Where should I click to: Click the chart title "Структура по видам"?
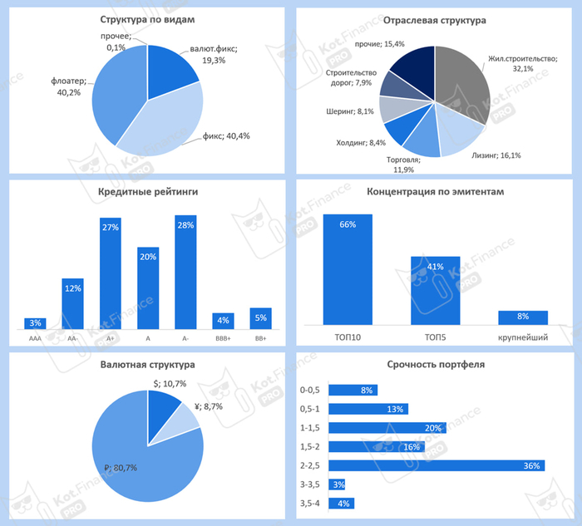[x=147, y=19]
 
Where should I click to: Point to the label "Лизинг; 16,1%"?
[x=497, y=155]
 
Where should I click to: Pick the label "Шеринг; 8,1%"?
[x=351, y=110]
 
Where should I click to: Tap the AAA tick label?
[x=35, y=338]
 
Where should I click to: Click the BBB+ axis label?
[x=223, y=338]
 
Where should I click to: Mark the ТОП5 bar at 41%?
[x=436, y=290]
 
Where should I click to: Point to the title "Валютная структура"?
[x=147, y=364]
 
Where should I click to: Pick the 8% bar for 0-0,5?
[x=353, y=390]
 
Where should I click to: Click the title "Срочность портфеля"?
[x=436, y=364]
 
